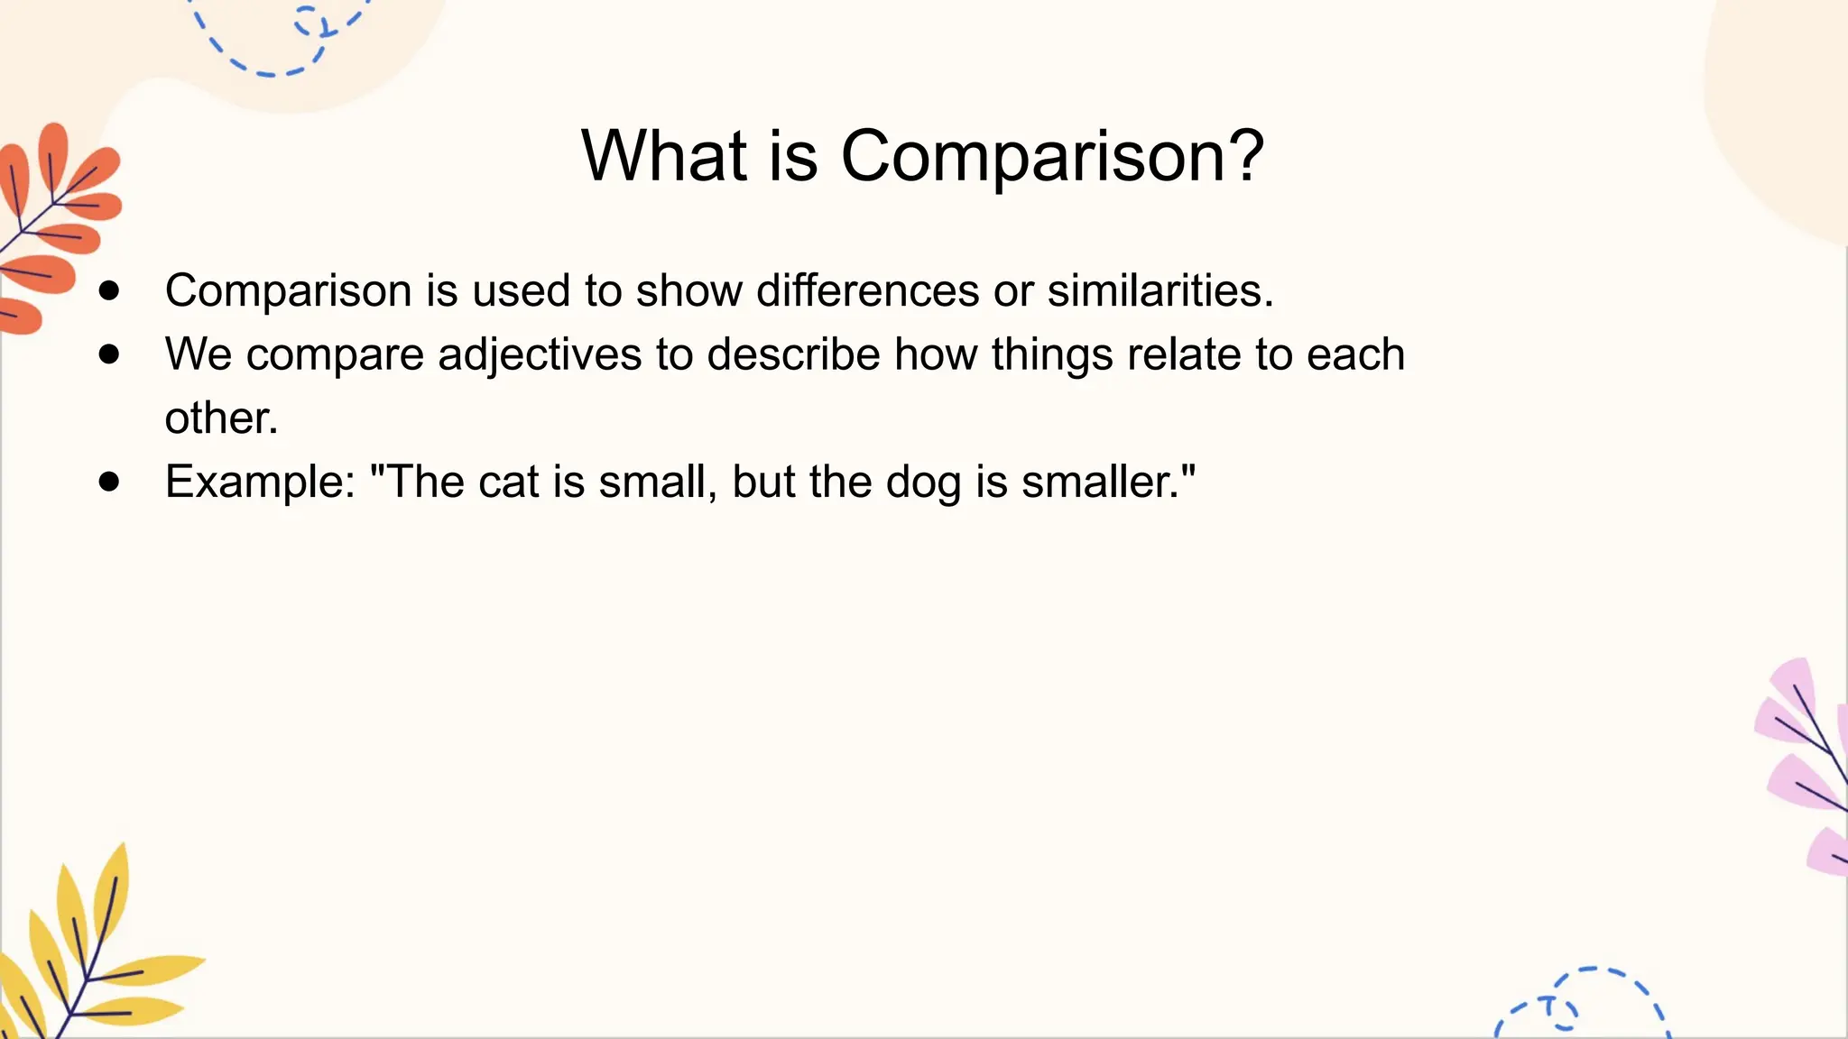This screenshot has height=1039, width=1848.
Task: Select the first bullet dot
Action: (109, 290)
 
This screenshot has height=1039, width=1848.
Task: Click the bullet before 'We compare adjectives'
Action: (109, 354)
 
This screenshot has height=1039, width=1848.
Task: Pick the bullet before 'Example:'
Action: (109, 482)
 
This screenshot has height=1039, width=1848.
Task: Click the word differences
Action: (867, 290)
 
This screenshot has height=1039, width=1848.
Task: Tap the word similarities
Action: (1160, 290)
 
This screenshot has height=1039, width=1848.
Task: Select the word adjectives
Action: (540, 354)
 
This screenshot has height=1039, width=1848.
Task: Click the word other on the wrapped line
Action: (220, 418)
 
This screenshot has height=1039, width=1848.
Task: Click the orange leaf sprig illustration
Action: (54, 225)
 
